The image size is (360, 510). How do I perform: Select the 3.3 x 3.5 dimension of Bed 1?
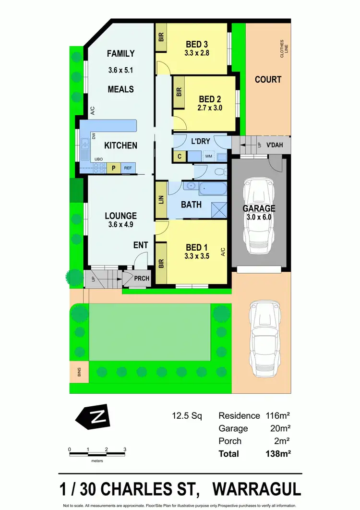point(197,256)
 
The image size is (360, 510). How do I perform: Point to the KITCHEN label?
point(120,145)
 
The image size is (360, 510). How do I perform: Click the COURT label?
point(268,79)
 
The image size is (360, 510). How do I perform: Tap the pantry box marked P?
point(114,168)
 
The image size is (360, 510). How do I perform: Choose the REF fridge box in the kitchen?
point(128,168)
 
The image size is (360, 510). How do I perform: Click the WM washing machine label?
point(209,156)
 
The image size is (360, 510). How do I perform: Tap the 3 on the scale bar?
point(125,449)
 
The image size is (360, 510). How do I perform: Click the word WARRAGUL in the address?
point(257,489)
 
